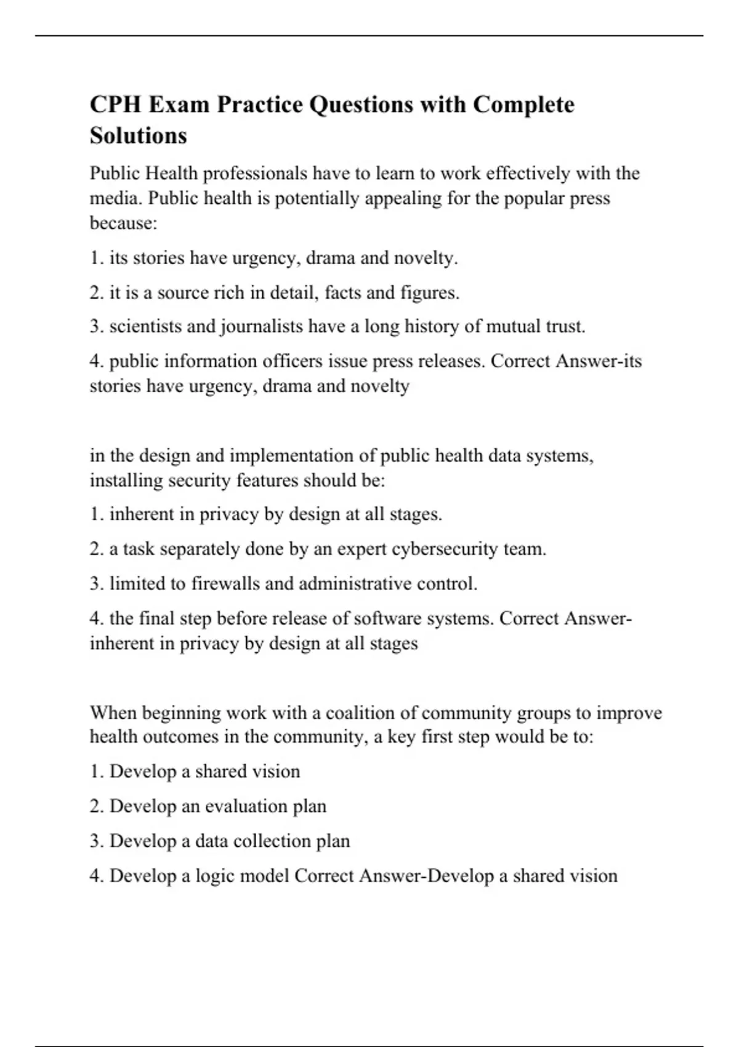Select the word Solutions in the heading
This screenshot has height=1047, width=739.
tap(138, 135)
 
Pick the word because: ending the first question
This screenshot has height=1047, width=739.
tap(124, 223)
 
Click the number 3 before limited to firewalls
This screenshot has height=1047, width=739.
tap(95, 583)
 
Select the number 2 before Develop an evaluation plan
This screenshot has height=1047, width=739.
tap(95, 806)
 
